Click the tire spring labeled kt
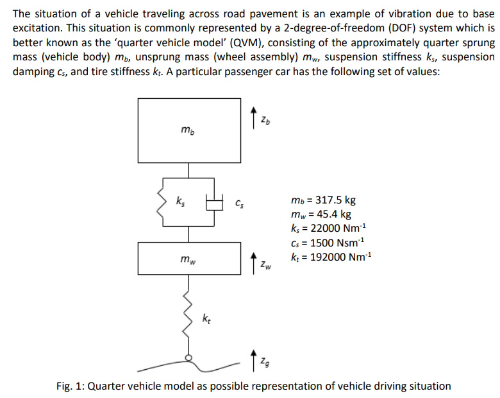[x=188, y=315]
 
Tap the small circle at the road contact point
[x=188, y=358]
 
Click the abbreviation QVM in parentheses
[x=233, y=43]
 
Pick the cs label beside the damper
[x=239, y=205]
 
